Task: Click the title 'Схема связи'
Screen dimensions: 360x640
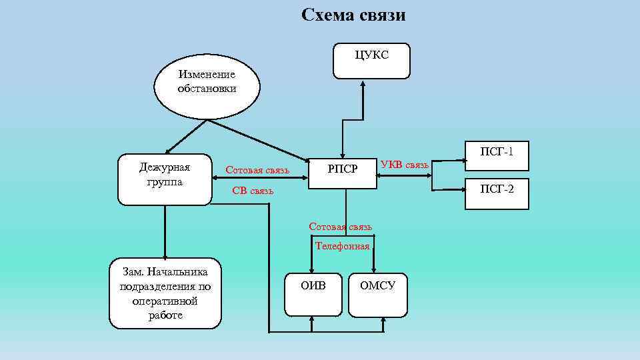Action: pos(353,15)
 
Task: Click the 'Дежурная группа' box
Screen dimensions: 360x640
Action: pos(165,179)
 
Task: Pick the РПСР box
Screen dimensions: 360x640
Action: pos(342,170)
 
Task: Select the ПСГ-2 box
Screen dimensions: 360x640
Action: pos(497,194)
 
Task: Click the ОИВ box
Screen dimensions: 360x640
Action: pos(313,294)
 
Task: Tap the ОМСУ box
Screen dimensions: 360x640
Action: pos(378,294)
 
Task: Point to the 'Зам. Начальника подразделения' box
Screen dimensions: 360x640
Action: pos(165,293)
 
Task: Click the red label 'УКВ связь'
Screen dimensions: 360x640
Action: pos(405,165)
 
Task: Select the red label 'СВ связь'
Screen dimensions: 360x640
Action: pos(253,191)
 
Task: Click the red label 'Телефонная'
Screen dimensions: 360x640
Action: pos(342,246)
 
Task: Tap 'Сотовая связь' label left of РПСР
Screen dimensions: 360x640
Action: pos(257,170)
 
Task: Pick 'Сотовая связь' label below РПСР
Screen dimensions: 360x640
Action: pos(340,227)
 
